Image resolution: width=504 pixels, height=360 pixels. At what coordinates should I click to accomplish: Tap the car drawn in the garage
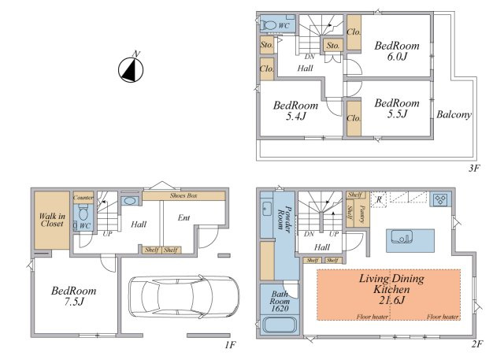click(x=183, y=297)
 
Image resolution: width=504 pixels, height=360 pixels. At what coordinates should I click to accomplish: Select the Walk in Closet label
click(x=52, y=220)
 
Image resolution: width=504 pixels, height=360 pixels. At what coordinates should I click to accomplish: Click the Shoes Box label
click(x=183, y=195)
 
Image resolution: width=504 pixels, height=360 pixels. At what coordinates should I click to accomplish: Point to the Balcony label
click(x=454, y=115)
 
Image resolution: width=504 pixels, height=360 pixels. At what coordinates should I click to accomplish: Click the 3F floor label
click(x=474, y=168)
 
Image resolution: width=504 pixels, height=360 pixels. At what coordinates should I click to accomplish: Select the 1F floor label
click(x=230, y=345)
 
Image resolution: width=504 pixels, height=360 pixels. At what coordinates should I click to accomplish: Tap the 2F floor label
click(x=477, y=344)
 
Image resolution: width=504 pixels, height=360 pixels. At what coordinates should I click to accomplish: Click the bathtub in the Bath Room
click(x=280, y=325)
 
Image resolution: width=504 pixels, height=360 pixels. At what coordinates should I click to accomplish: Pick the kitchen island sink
click(x=402, y=237)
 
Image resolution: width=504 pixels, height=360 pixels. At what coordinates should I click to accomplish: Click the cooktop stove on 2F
click(x=439, y=199)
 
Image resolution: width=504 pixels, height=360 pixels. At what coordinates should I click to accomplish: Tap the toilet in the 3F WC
click(x=269, y=25)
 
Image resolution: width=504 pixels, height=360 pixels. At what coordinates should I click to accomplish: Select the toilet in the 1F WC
click(x=83, y=212)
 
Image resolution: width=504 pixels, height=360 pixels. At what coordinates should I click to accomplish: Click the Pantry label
click(x=362, y=214)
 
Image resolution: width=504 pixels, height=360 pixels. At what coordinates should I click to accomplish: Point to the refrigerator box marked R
click(x=379, y=199)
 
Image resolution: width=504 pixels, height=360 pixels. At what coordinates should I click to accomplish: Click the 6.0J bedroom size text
click(x=397, y=57)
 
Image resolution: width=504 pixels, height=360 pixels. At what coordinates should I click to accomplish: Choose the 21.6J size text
click(x=391, y=300)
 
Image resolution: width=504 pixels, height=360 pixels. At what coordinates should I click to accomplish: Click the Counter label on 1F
click(x=83, y=198)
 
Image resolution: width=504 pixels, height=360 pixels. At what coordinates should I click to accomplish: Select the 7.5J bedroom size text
click(x=74, y=302)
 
